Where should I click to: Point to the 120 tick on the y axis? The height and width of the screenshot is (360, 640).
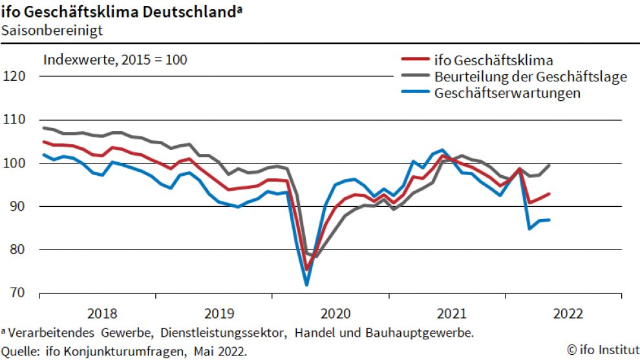[14, 76]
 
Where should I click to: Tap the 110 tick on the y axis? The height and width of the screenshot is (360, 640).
[14, 120]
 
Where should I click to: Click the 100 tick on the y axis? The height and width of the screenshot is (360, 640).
[14, 163]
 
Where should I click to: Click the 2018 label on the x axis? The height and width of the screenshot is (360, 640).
[102, 314]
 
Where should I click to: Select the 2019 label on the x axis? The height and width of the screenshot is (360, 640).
[219, 314]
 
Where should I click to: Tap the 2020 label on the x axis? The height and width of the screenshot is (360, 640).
[336, 314]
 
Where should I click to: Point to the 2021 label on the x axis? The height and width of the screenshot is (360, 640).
[452, 314]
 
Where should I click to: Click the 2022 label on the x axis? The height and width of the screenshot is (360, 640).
[568, 314]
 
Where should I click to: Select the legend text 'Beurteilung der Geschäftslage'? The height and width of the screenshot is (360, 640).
[531, 77]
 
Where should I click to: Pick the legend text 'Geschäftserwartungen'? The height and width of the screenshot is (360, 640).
[507, 93]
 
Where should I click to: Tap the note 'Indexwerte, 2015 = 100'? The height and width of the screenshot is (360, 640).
[115, 60]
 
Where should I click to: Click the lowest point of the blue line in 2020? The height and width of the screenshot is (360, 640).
[306, 284]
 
